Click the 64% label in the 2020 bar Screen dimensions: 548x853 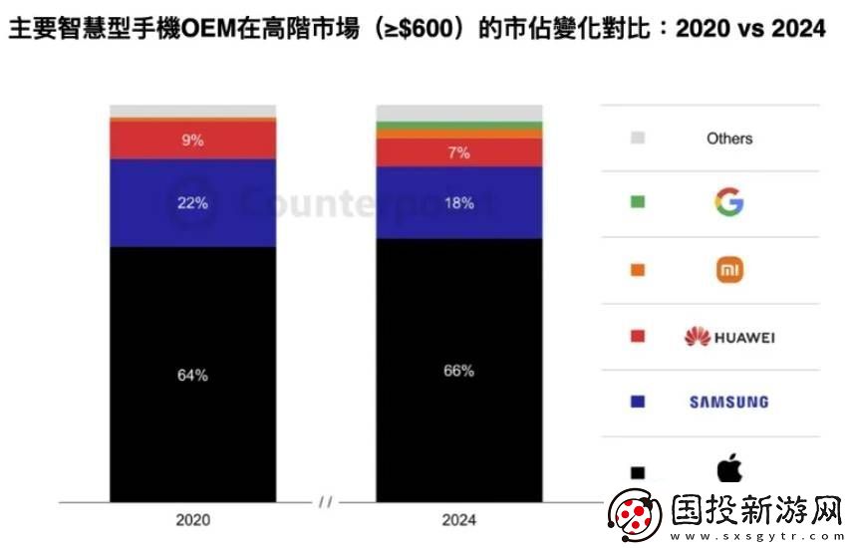193,375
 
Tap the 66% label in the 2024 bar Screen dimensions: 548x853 459,371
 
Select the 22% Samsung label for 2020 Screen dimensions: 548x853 193,203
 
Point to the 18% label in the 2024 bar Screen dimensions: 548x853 459,203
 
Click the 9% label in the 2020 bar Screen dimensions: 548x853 193,140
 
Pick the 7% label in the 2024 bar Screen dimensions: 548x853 459,152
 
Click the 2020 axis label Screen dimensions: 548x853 192,519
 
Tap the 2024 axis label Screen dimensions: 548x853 458,519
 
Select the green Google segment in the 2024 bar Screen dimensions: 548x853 459,125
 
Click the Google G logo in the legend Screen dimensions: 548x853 729,203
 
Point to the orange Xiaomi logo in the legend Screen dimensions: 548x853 729,269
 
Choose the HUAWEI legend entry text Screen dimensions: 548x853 744,337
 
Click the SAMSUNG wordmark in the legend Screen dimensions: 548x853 729,402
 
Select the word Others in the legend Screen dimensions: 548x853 729,138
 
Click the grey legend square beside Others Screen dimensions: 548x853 638,137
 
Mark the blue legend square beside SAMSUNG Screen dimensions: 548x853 638,402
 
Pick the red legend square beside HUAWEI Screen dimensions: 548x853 638,337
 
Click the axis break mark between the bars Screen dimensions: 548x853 326,502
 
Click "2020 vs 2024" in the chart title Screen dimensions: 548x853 750,28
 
